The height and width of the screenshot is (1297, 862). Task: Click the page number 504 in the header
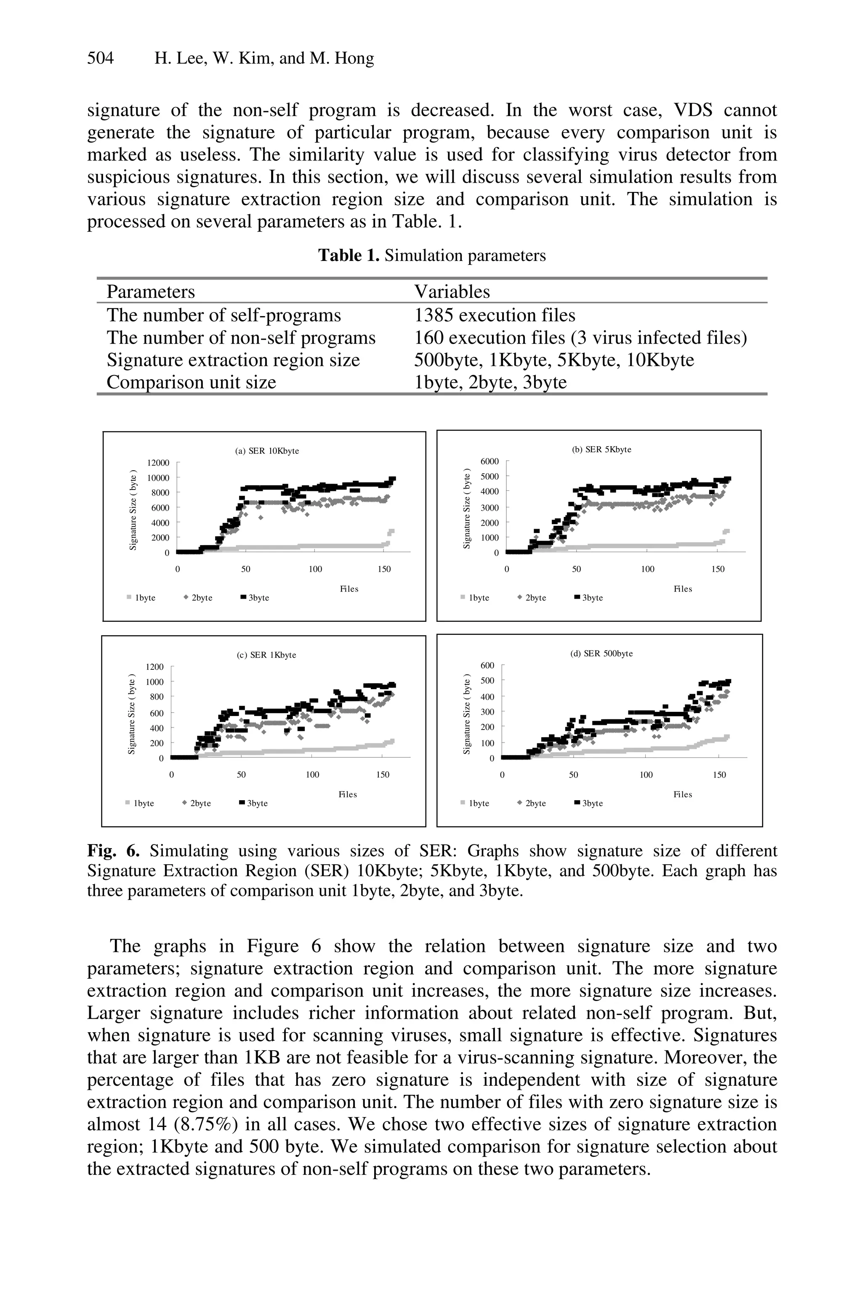point(100,58)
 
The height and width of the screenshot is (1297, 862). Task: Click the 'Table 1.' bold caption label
point(349,256)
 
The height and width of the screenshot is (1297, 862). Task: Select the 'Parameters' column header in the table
point(151,291)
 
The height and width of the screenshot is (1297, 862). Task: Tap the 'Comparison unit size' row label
point(192,382)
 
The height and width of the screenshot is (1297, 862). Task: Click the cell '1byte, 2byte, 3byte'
point(490,382)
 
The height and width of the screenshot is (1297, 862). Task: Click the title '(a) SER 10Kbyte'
point(267,451)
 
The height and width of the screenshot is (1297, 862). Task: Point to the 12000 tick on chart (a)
point(158,463)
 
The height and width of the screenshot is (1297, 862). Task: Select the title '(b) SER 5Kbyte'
point(601,449)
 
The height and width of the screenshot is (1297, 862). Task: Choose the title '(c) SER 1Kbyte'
point(266,655)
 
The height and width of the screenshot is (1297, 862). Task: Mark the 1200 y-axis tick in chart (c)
point(154,667)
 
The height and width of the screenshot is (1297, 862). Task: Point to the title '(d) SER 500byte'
point(601,654)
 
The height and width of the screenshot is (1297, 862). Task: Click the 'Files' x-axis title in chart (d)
point(683,794)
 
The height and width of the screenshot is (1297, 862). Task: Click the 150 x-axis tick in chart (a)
point(384,569)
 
